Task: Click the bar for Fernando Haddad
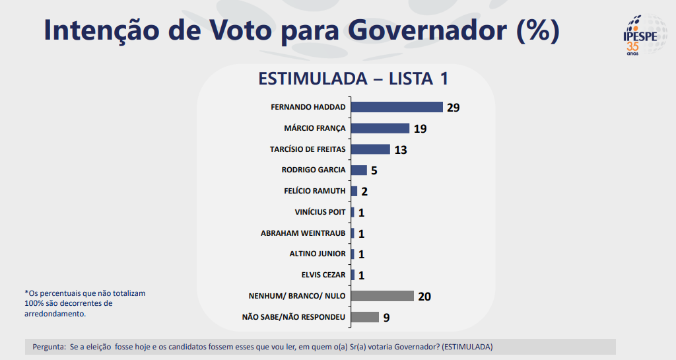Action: pyautogui.click(x=396, y=107)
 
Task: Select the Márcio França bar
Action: pyautogui.click(x=380, y=128)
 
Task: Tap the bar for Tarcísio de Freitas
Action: pyautogui.click(x=370, y=149)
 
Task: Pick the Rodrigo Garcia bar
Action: pyautogui.click(x=358, y=170)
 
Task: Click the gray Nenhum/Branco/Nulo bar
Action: pyautogui.click(x=382, y=296)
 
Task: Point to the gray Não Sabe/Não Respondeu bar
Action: pyautogui.click(x=364, y=317)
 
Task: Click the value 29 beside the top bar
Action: pyautogui.click(x=453, y=108)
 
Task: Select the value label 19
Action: pyautogui.click(x=420, y=129)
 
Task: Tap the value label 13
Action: pyautogui.click(x=400, y=150)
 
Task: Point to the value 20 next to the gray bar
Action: pyautogui.click(x=424, y=297)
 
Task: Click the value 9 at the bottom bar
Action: pyautogui.click(x=386, y=318)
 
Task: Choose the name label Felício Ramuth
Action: pyautogui.click(x=314, y=191)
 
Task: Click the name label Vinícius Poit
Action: pyautogui.click(x=320, y=212)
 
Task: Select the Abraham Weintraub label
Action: pyautogui.click(x=303, y=233)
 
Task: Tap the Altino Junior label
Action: pyautogui.click(x=318, y=254)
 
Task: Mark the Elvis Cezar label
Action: pyautogui.click(x=323, y=275)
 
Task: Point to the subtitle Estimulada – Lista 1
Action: pyautogui.click(x=353, y=79)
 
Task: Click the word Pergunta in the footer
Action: pyautogui.click(x=48, y=347)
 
